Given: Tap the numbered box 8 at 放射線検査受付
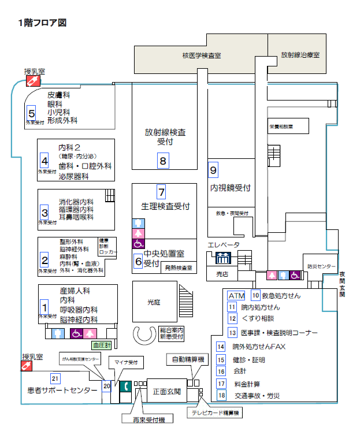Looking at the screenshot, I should [163, 161].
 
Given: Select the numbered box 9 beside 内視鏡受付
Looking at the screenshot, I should [213, 170].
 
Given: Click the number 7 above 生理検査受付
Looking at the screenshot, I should [162, 192].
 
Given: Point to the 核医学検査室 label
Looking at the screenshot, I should [202, 55].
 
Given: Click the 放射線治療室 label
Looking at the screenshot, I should [300, 55].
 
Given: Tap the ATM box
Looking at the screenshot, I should [236, 295].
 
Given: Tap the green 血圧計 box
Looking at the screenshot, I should [101, 345].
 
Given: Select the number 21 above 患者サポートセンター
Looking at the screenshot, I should [55, 378].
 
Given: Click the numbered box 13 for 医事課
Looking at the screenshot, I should [232, 332].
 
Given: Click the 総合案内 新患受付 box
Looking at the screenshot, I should [172, 333].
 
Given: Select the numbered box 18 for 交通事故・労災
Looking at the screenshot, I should [221, 395].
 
